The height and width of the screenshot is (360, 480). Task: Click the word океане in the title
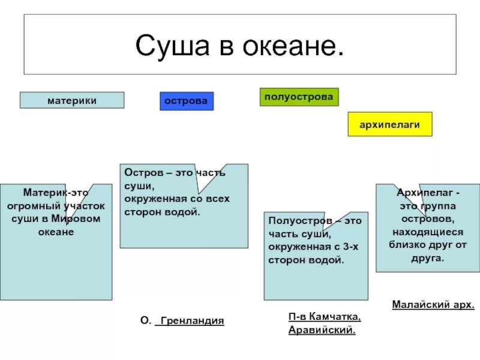coord(292,46)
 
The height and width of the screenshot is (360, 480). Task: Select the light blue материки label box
coord(72,100)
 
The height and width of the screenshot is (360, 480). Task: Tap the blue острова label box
coord(187,101)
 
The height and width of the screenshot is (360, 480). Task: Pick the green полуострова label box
coord(299,97)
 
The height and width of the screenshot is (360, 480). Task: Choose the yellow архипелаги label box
coord(389,124)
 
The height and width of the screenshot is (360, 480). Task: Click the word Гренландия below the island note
coord(190,321)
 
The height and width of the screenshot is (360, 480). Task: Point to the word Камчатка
coord(337,317)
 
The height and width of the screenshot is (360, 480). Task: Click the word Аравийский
coord(322,330)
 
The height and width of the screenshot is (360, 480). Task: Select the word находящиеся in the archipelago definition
coord(428,232)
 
